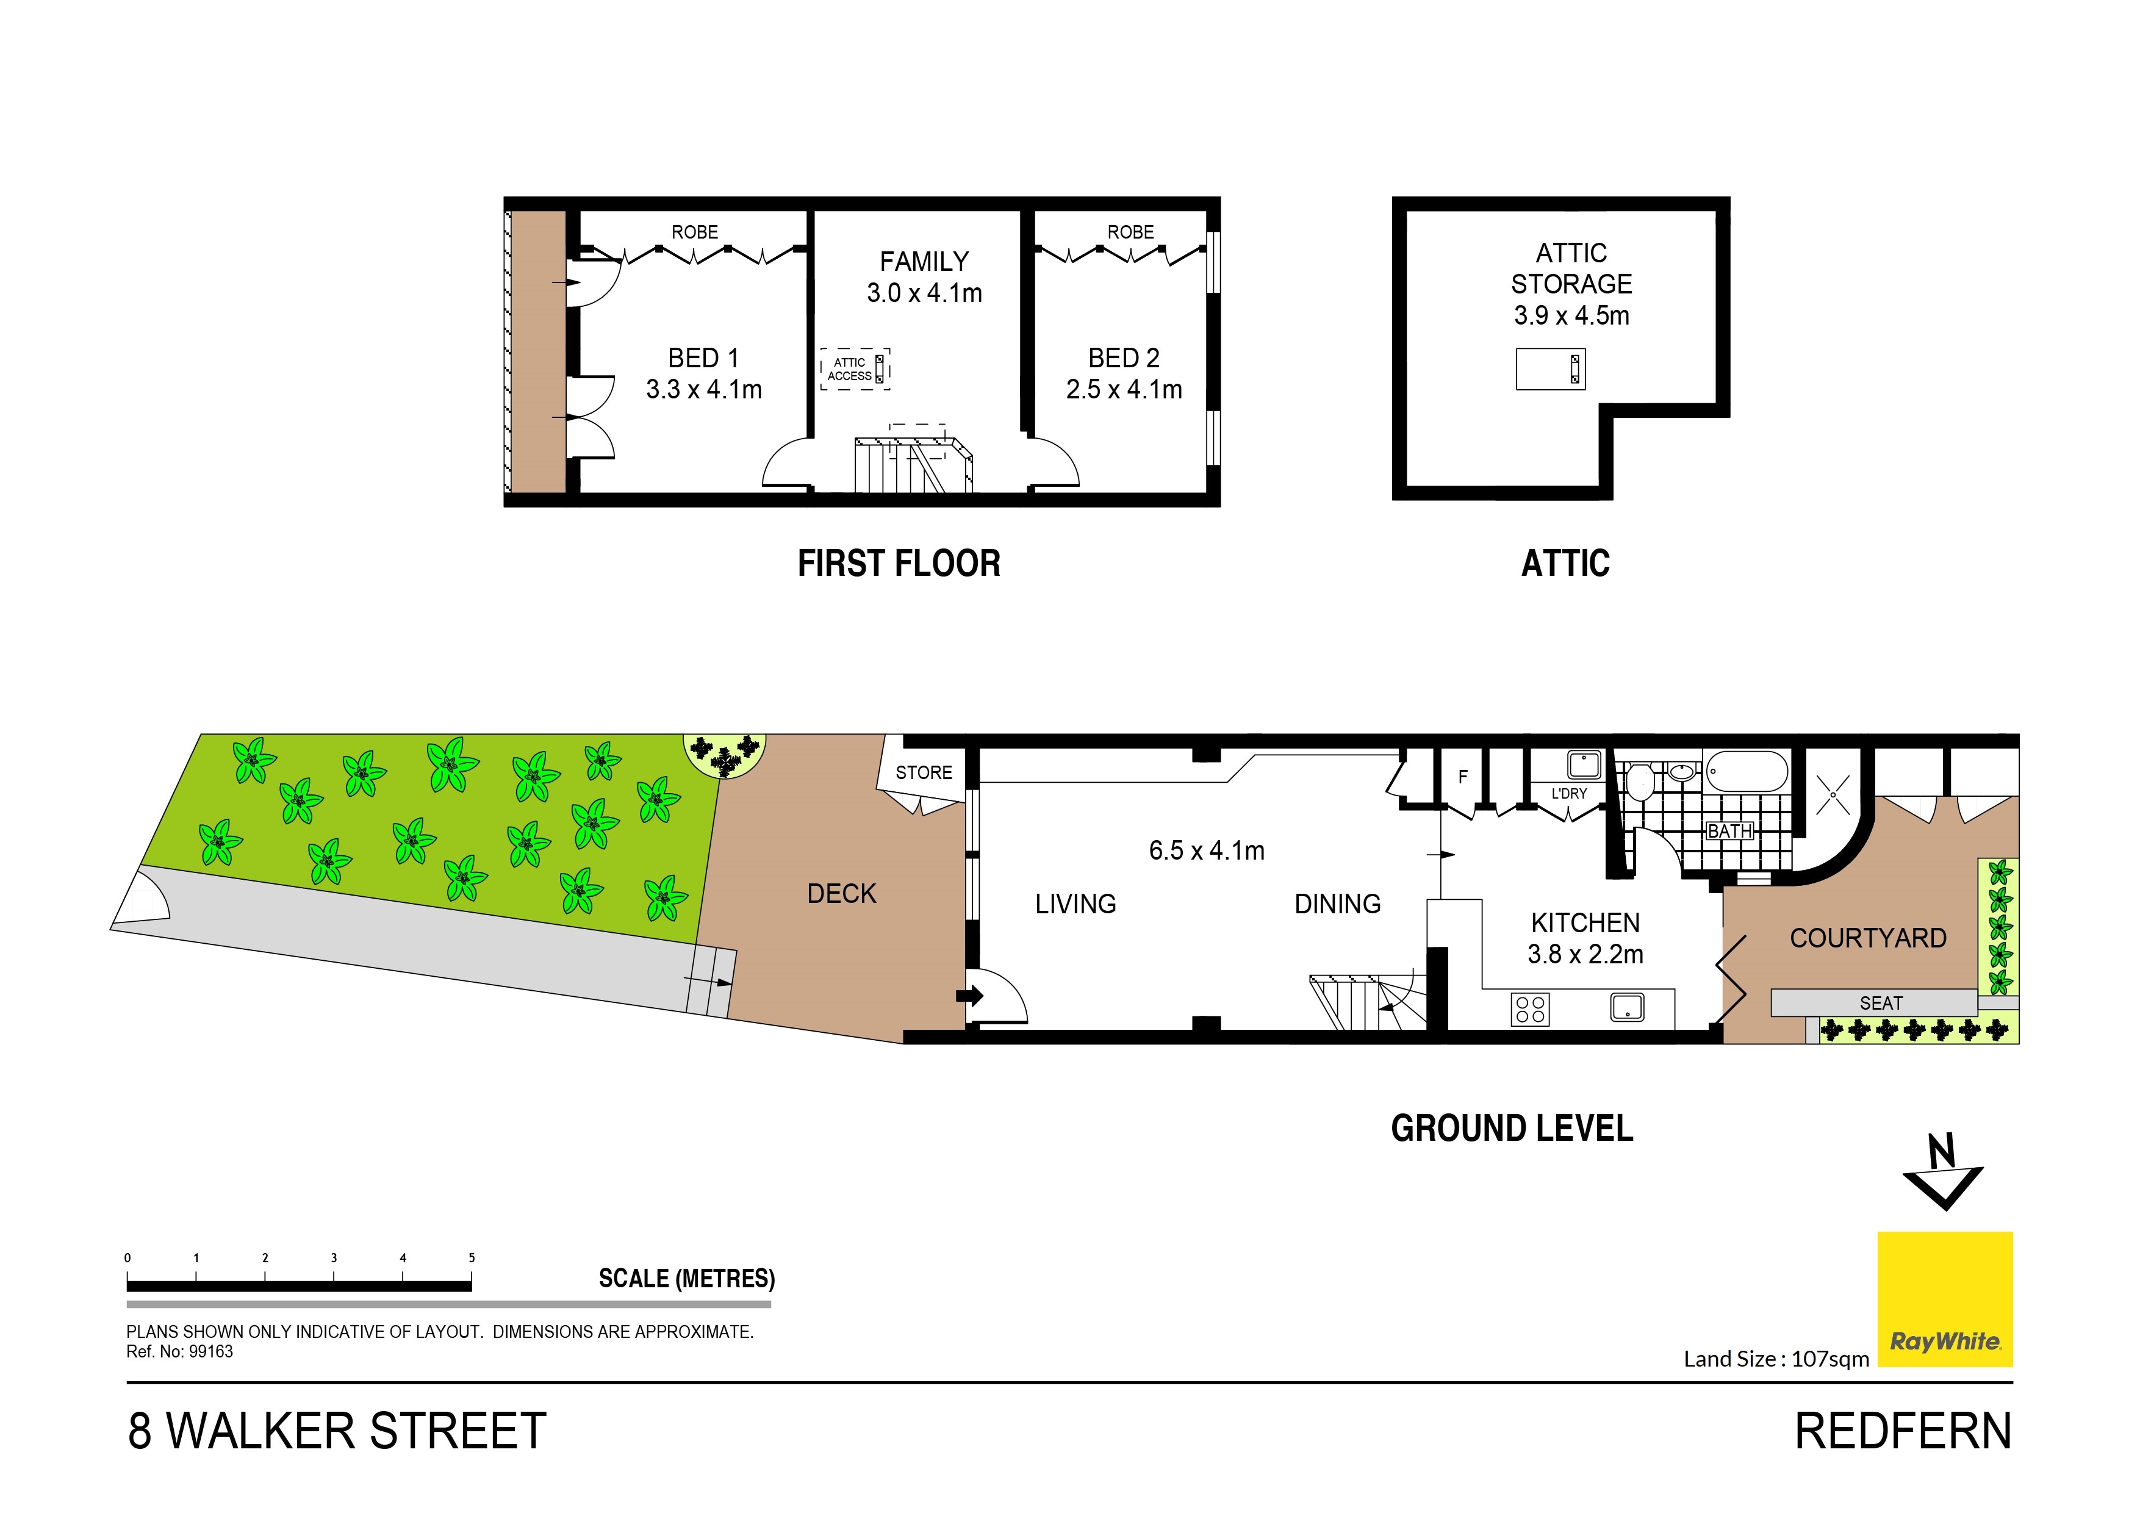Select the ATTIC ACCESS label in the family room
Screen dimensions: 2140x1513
click(849, 369)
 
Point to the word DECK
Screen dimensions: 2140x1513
click(842, 894)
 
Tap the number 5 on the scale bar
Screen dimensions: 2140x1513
click(472, 1257)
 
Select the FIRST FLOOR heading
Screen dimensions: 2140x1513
click(899, 563)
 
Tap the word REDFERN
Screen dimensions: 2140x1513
click(1903, 1431)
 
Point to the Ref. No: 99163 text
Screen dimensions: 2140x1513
click(180, 1352)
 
